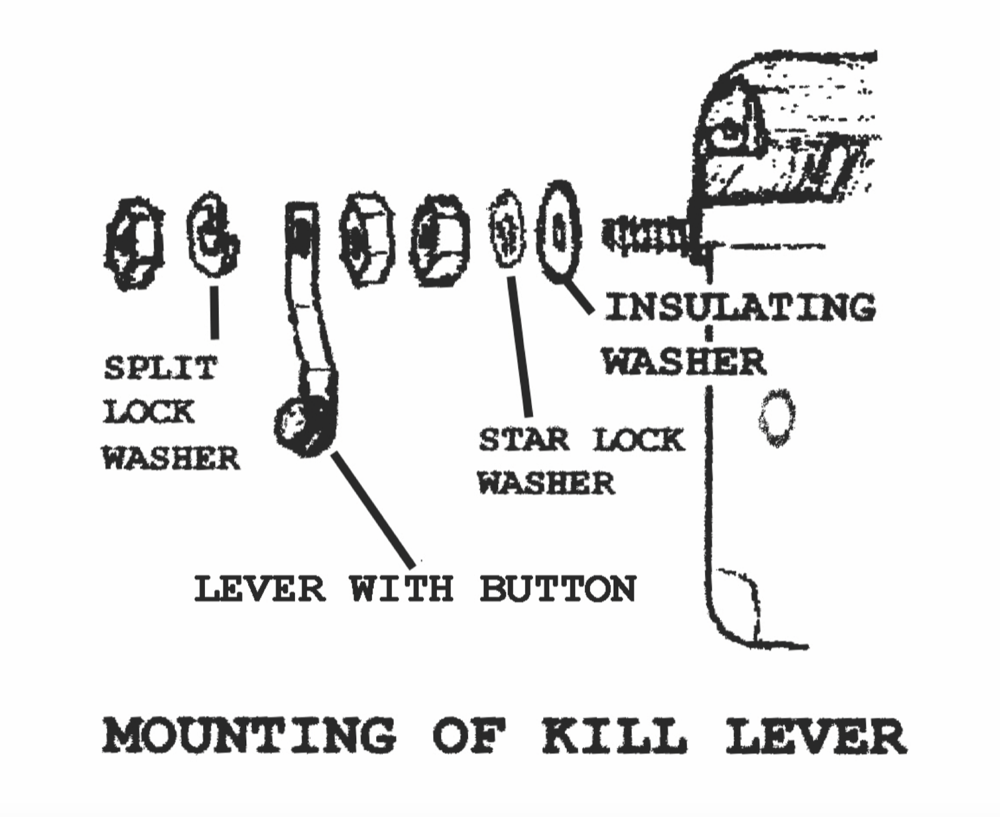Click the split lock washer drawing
click(212, 236)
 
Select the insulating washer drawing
click(558, 232)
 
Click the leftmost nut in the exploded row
click(134, 243)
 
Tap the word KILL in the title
click(614, 738)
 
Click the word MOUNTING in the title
click(249, 738)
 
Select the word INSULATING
click(739, 308)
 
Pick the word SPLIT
click(160, 368)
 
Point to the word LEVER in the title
click(816, 738)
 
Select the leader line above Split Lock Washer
click(215, 312)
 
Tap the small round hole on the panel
click(776, 418)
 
